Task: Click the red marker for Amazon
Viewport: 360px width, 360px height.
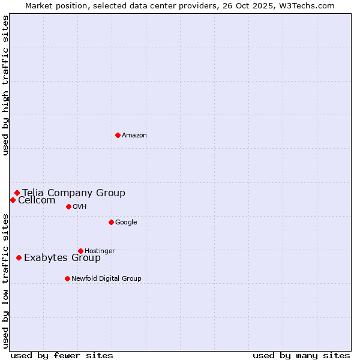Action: click(118, 135)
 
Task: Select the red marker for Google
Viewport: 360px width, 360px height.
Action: click(111, 222)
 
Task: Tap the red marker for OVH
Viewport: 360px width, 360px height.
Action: click(68, 206)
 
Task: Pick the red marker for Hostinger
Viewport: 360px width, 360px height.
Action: click(80, 251)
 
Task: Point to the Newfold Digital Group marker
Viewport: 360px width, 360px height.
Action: click(67, 278)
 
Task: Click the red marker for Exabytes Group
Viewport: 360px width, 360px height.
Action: click(19, 257)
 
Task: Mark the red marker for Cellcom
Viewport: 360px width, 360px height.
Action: click(13, 200)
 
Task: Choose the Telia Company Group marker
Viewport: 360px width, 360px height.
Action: click(17, 193)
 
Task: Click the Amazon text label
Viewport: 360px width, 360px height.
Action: click(134, 136)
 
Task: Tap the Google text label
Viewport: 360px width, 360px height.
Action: click(126, 223)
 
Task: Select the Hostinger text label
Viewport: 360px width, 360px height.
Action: click(100, 251)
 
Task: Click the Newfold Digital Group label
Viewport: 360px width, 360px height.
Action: click(106, 278)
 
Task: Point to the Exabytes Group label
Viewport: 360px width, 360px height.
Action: click(62, 258)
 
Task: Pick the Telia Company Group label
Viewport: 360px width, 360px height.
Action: click(74, 193)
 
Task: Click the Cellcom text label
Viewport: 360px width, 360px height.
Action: click(37, 200)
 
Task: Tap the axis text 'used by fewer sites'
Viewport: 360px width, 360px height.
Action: click(62, 355)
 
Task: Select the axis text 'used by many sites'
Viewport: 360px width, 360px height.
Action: click(301, 355)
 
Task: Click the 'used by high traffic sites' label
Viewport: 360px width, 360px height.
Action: click(5, 85)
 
